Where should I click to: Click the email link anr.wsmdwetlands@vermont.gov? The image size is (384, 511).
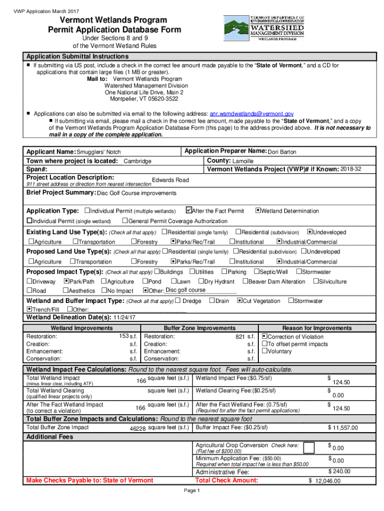coord(252,114)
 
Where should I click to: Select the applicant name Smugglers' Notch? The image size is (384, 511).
coord(98,152)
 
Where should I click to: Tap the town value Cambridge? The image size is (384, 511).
coord(138,161)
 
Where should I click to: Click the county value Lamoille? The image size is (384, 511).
coord(243,161)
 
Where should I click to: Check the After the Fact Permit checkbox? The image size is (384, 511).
coord(189,211)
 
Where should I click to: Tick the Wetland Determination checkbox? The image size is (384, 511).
coord(258,211)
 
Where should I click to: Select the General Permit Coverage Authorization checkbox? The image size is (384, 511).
coord(125,221)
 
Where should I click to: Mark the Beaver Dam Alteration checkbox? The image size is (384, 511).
coord(245,281)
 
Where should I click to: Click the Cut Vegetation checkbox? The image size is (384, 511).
coord(239,301)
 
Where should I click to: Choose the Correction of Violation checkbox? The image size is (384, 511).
coord(264,336)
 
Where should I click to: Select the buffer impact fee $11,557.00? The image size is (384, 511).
coord(344,428)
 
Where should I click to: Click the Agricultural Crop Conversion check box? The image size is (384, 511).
coord(309,448)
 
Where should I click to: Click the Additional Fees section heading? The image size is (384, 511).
coord(50,437)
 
